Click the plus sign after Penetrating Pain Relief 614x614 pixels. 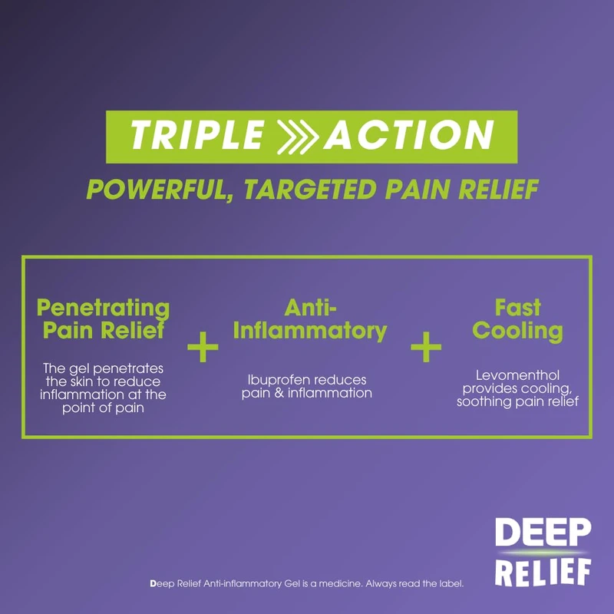[x=203, y=346]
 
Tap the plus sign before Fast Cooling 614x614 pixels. [x=426, y=346]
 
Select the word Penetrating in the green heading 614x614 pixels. [x=104, y=309]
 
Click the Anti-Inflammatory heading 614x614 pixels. [x=309, y=319]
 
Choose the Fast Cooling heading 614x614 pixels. [x=517, y=319]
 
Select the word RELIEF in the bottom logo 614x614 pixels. [x=543, y=571]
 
